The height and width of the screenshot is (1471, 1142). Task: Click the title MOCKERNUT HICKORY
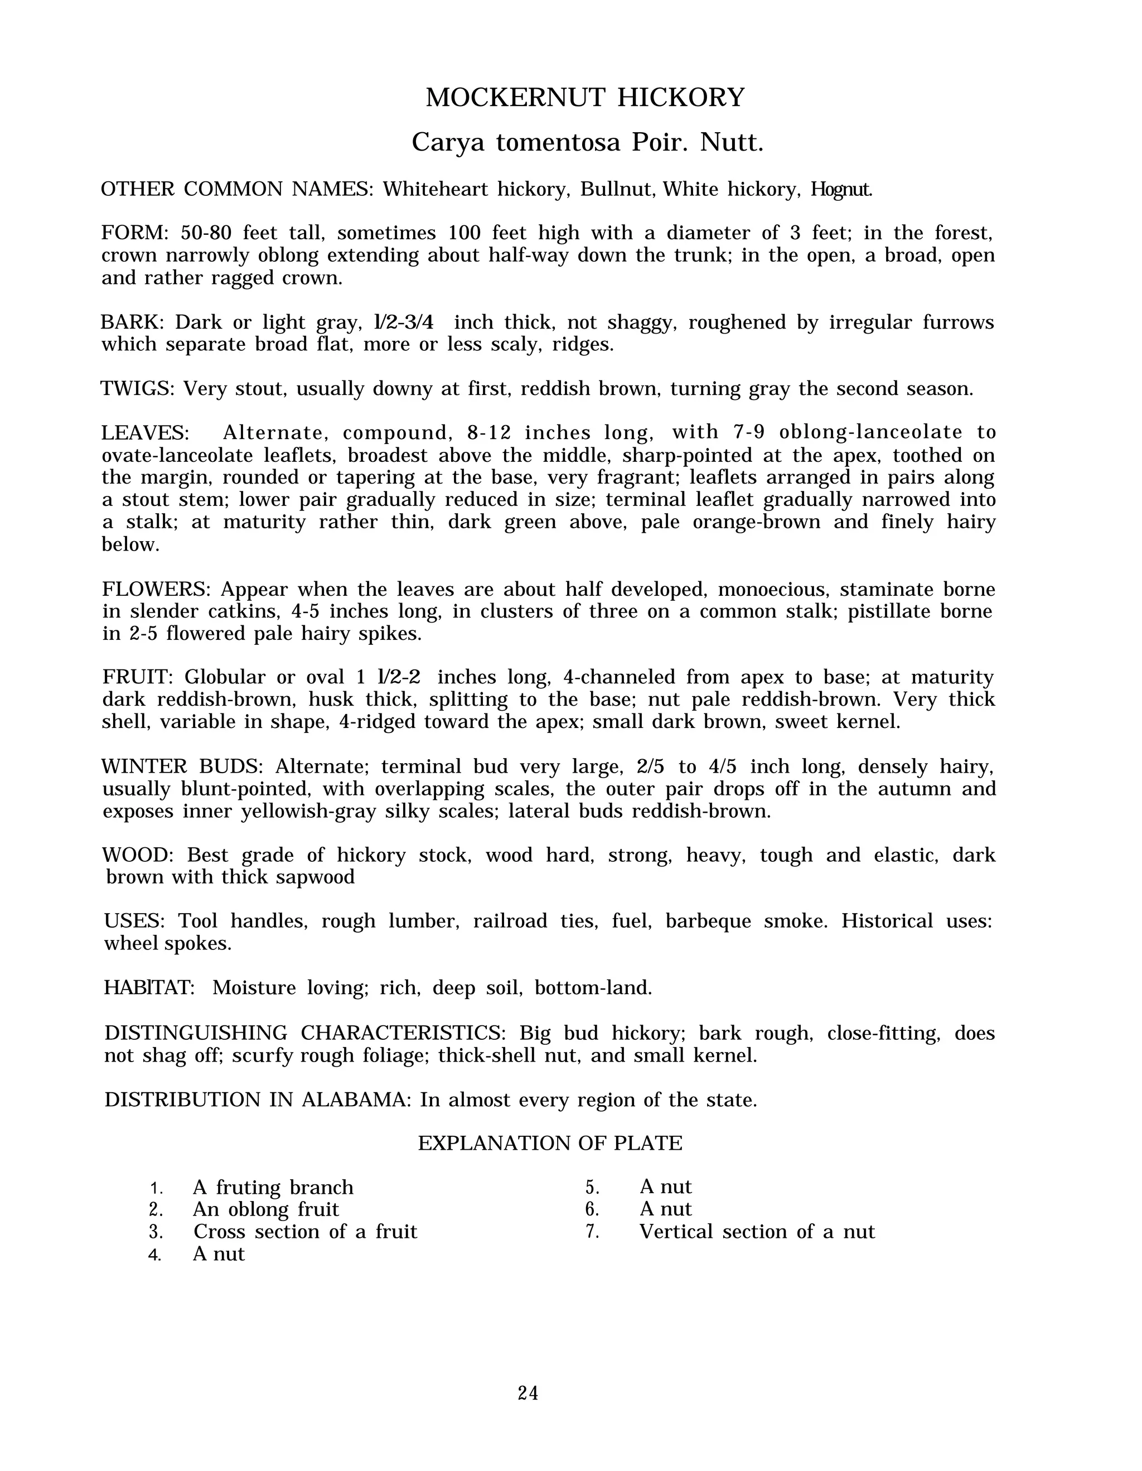coord(585,98)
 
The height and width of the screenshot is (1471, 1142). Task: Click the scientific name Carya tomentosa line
coord(587,143)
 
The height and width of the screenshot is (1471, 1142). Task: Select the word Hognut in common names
coord(841,189)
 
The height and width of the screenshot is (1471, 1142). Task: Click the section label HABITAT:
coord(149,987)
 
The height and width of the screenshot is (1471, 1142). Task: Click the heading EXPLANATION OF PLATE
coord(550,1143)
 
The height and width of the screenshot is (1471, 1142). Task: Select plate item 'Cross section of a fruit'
coord(305,1232)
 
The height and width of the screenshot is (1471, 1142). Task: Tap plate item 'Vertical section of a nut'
coord(757,1232)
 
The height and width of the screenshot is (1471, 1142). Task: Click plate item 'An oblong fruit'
coord(265,1210)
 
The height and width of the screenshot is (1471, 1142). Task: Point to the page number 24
coord(528,1393)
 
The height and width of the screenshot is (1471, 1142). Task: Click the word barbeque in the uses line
coord(708,921)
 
